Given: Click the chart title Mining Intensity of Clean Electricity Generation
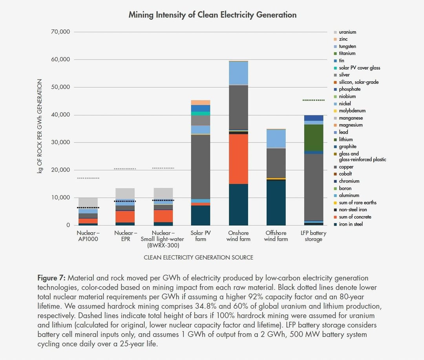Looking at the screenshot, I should [x=212, y=15].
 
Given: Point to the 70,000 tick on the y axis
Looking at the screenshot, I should [x=60, y=32].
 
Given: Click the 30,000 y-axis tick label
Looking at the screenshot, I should [x=60, y=142].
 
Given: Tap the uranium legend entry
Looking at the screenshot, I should [x=347, y=32].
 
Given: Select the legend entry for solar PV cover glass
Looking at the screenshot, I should [x=359, y=68].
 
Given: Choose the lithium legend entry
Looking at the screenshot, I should [x=346, y=139].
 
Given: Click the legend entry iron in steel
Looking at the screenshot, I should [x=351, y=224].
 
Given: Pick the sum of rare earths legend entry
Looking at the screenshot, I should [x=357, y=202].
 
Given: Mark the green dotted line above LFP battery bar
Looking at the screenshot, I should [x=314, y=100].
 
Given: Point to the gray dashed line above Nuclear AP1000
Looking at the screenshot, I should [x=88, y=178].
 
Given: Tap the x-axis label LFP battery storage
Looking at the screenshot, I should [x=314, y=236].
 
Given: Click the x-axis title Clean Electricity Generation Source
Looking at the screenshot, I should [x=198, y=257].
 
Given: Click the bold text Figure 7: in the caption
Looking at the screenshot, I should [x=52, y=278].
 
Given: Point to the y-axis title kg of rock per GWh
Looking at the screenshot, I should [x=40, y=127].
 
